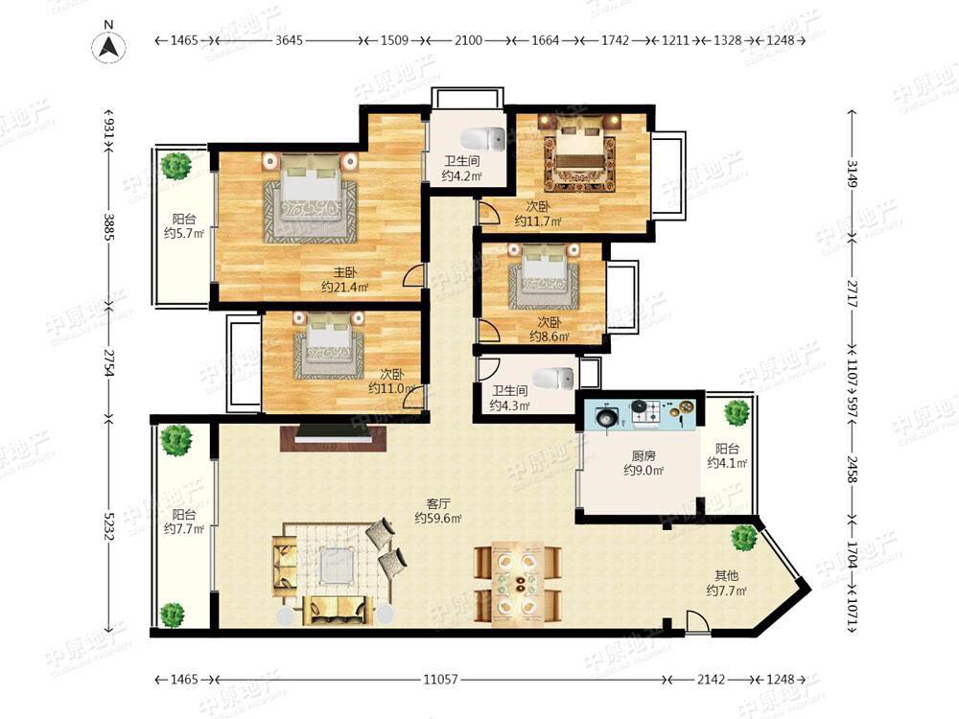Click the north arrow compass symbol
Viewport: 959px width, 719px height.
tap(109, 46)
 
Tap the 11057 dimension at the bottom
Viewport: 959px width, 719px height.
tap(441, 680)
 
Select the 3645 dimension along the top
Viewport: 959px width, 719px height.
tap(290, 40)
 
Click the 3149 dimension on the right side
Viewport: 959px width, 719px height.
tap(853, 174)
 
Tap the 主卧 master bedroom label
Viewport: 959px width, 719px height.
tap(345, 272)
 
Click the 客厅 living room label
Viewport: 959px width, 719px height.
tap(438, 504)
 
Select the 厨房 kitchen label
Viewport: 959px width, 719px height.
tap(643, 455)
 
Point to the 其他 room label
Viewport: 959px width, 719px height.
tap(727, 575)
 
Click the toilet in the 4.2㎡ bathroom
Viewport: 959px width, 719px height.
tap(482, 139)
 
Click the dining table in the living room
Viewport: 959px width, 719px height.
tap(519, 587)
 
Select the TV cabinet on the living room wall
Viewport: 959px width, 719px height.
tap(334, 438)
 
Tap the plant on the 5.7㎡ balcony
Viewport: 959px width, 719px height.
tap(176, 165)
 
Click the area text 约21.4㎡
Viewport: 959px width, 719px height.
tap(345, 287)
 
